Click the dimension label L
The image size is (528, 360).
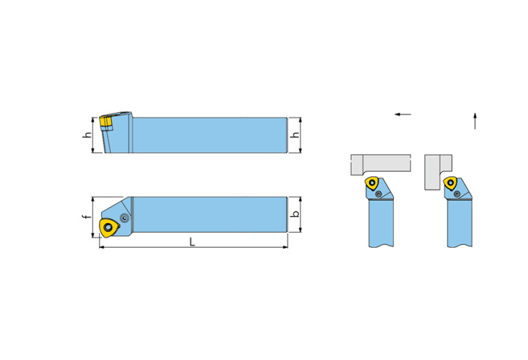(192, 242)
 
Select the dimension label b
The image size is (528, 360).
(295, 214)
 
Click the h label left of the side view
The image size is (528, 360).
(87, 135)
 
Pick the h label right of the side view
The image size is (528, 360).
(295, 135)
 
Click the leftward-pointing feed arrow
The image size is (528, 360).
(403, 114)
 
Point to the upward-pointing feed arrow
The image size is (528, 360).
(475, 121)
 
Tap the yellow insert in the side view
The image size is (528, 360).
(106, 123)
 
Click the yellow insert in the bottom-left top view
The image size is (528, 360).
(109, 228)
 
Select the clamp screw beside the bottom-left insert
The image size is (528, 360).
(125, 218)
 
